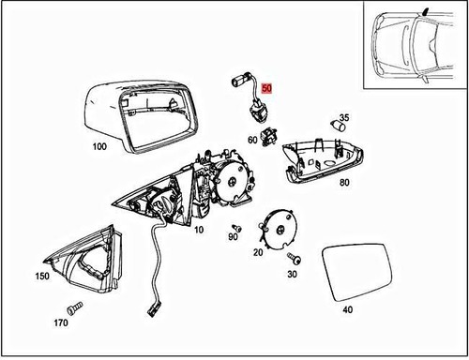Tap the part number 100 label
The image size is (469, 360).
coord(99,147)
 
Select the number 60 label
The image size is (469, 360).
coord(252,141)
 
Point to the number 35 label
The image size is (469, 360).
coord(344,118)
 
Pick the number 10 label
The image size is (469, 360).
coord(198,228)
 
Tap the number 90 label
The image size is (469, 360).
coord(232,238)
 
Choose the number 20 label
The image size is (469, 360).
coord(258,252)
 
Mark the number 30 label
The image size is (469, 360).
coord(293,274)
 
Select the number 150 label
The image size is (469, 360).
coord(42,277)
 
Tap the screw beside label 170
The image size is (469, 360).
coord(72,307)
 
